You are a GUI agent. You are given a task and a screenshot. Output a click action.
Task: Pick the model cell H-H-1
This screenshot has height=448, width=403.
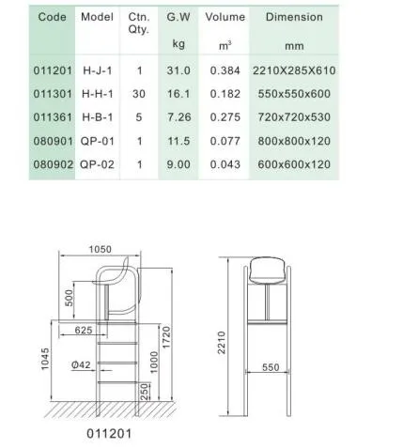pos(98,95)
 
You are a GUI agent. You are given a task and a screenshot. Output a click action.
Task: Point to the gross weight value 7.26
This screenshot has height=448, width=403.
pos(178,116)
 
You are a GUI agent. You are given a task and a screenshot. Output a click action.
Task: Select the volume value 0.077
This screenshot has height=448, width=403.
pos(225,139)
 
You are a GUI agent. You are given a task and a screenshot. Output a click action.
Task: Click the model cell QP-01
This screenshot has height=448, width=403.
pos(98,139)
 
